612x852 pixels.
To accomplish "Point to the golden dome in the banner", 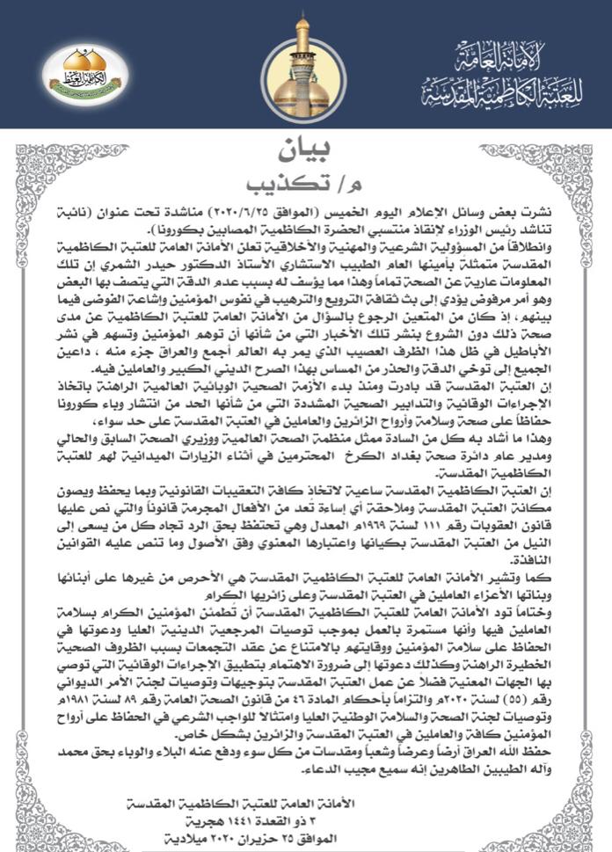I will [303, 66].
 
